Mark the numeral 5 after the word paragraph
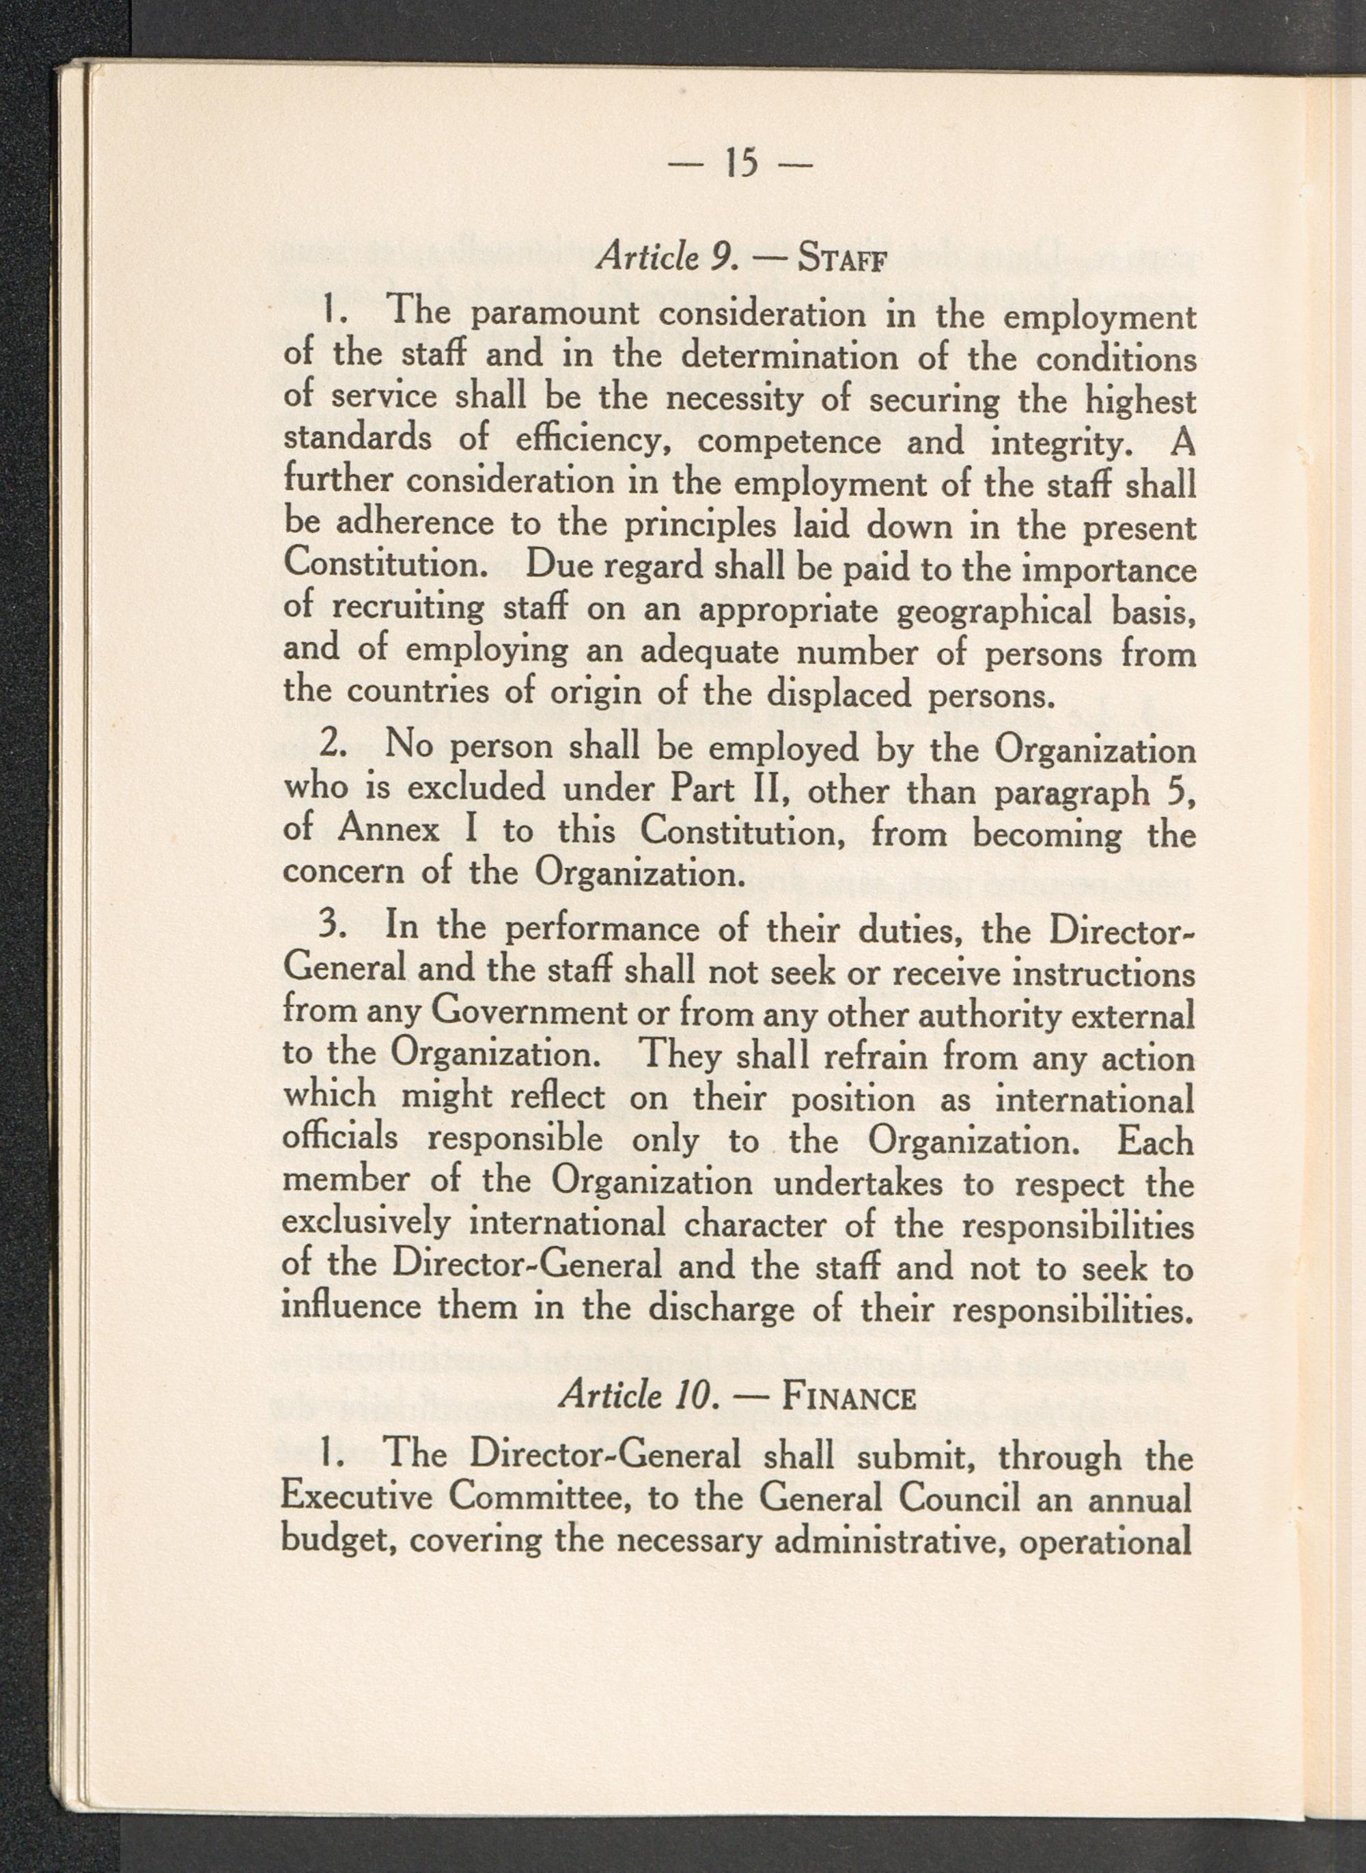click(x=1182, y=790)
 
